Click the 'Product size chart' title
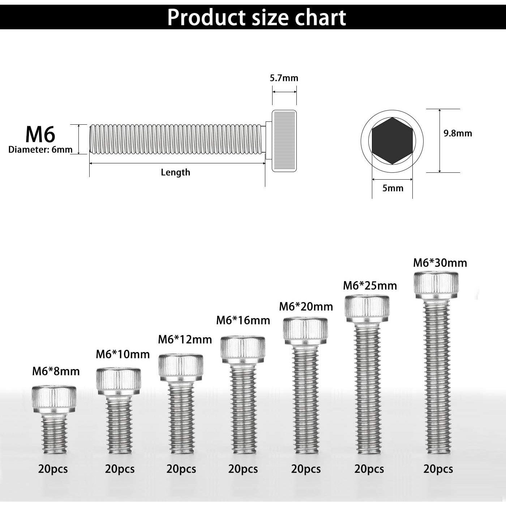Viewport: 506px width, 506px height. pos(256,17)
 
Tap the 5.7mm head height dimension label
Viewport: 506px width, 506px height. pos(284,78)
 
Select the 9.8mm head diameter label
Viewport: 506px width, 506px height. pos(458,133)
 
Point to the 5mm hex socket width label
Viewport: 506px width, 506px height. pos(393,188)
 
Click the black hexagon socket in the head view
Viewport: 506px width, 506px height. pos(392,141)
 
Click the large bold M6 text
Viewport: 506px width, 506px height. pos(40,134)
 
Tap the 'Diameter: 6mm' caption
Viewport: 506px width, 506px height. pos(40,149)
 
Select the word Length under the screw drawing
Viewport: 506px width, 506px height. pos(175,172)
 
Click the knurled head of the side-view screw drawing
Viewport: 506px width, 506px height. pos(284,141)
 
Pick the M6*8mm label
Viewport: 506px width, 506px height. pos(56,371)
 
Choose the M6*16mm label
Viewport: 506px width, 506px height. pos(243,320)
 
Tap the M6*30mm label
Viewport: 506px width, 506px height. pos(440,263)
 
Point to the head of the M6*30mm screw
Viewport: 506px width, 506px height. pos(436,286)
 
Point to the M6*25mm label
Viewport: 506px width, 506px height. pos(370,286)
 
